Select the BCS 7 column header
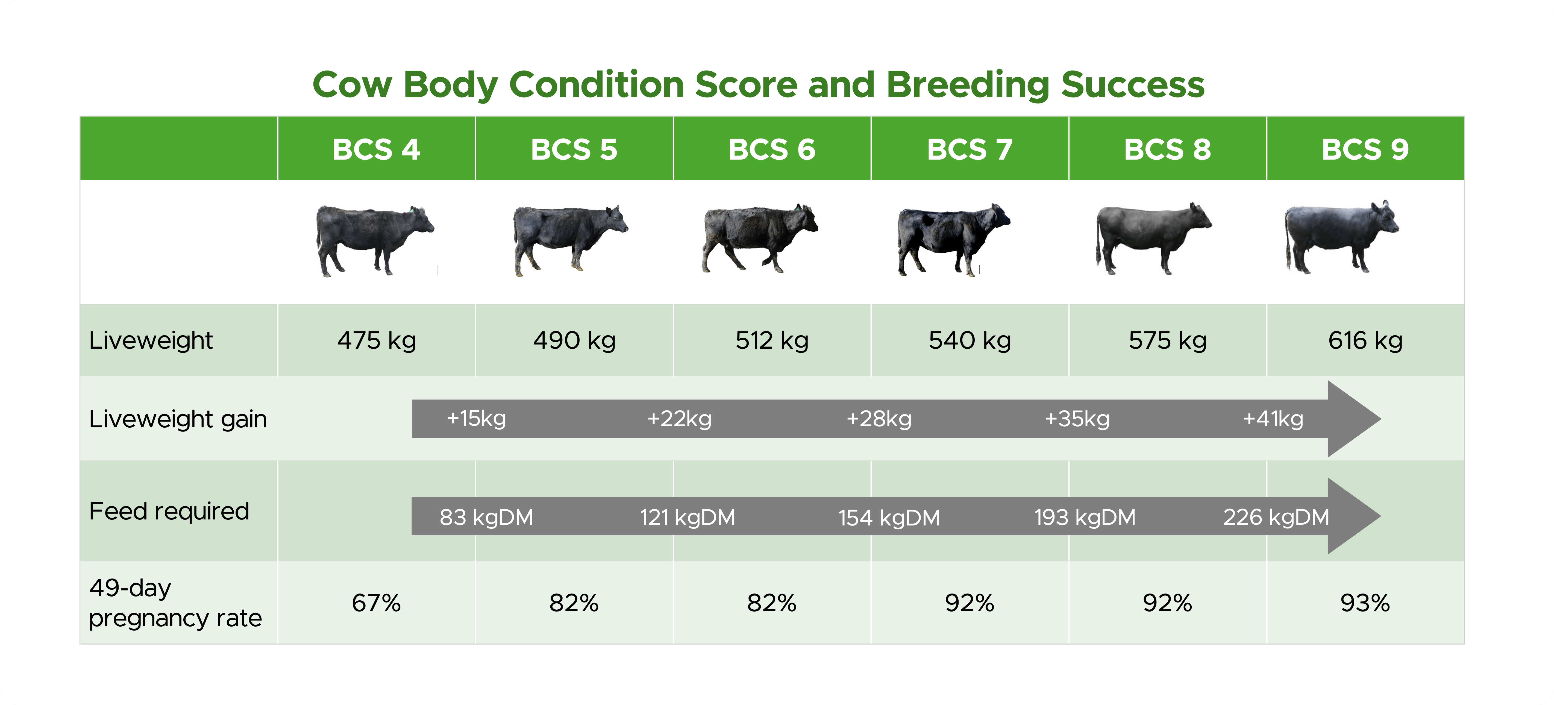[970, 149]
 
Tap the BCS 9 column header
[1365, 149]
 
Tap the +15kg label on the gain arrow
[476, 419]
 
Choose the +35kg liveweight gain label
[1077, 419]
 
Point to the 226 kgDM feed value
[1276, 517]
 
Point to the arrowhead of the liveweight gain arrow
[1351, 419]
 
